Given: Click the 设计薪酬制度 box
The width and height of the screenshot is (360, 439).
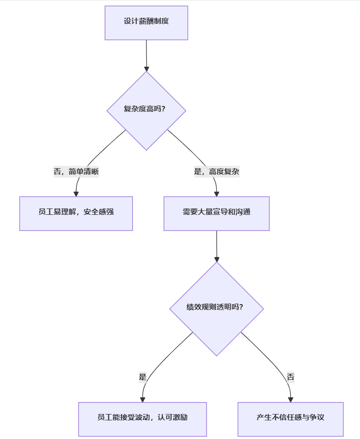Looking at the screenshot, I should coord(146,23).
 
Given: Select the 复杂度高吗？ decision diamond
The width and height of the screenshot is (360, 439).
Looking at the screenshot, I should coord(146,109).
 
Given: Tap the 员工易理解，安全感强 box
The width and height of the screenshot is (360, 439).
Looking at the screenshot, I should coord(76,213).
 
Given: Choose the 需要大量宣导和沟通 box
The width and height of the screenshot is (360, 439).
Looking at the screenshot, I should coord(216,213).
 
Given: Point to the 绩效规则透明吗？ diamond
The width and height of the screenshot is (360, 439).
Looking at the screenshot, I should coord(216,308).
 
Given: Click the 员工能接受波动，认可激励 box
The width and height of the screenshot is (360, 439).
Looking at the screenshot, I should coord(142,418).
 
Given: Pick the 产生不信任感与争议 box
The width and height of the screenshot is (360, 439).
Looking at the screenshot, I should coord(290,418).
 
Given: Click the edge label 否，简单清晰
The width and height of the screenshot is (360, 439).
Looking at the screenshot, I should coord(76,172).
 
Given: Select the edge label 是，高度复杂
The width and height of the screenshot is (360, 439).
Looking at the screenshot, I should coord(216,172).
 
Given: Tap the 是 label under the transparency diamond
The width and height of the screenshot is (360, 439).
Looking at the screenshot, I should coord(143,377).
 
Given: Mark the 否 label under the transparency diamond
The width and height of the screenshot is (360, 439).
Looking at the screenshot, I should coord(290,377).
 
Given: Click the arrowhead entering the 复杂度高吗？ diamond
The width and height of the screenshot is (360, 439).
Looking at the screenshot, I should coord(146,68).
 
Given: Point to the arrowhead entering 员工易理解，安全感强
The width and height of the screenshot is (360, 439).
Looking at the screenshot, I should coord(76,193).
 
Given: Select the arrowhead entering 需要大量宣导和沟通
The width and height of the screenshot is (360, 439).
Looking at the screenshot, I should coord(216,193).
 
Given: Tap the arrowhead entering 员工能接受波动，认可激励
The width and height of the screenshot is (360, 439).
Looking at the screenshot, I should coord(143,399).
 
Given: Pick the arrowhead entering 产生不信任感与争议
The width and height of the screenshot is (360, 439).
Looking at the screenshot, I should coord(290,399).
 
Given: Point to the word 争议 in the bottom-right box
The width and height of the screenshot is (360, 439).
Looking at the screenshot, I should coord(317,418).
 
